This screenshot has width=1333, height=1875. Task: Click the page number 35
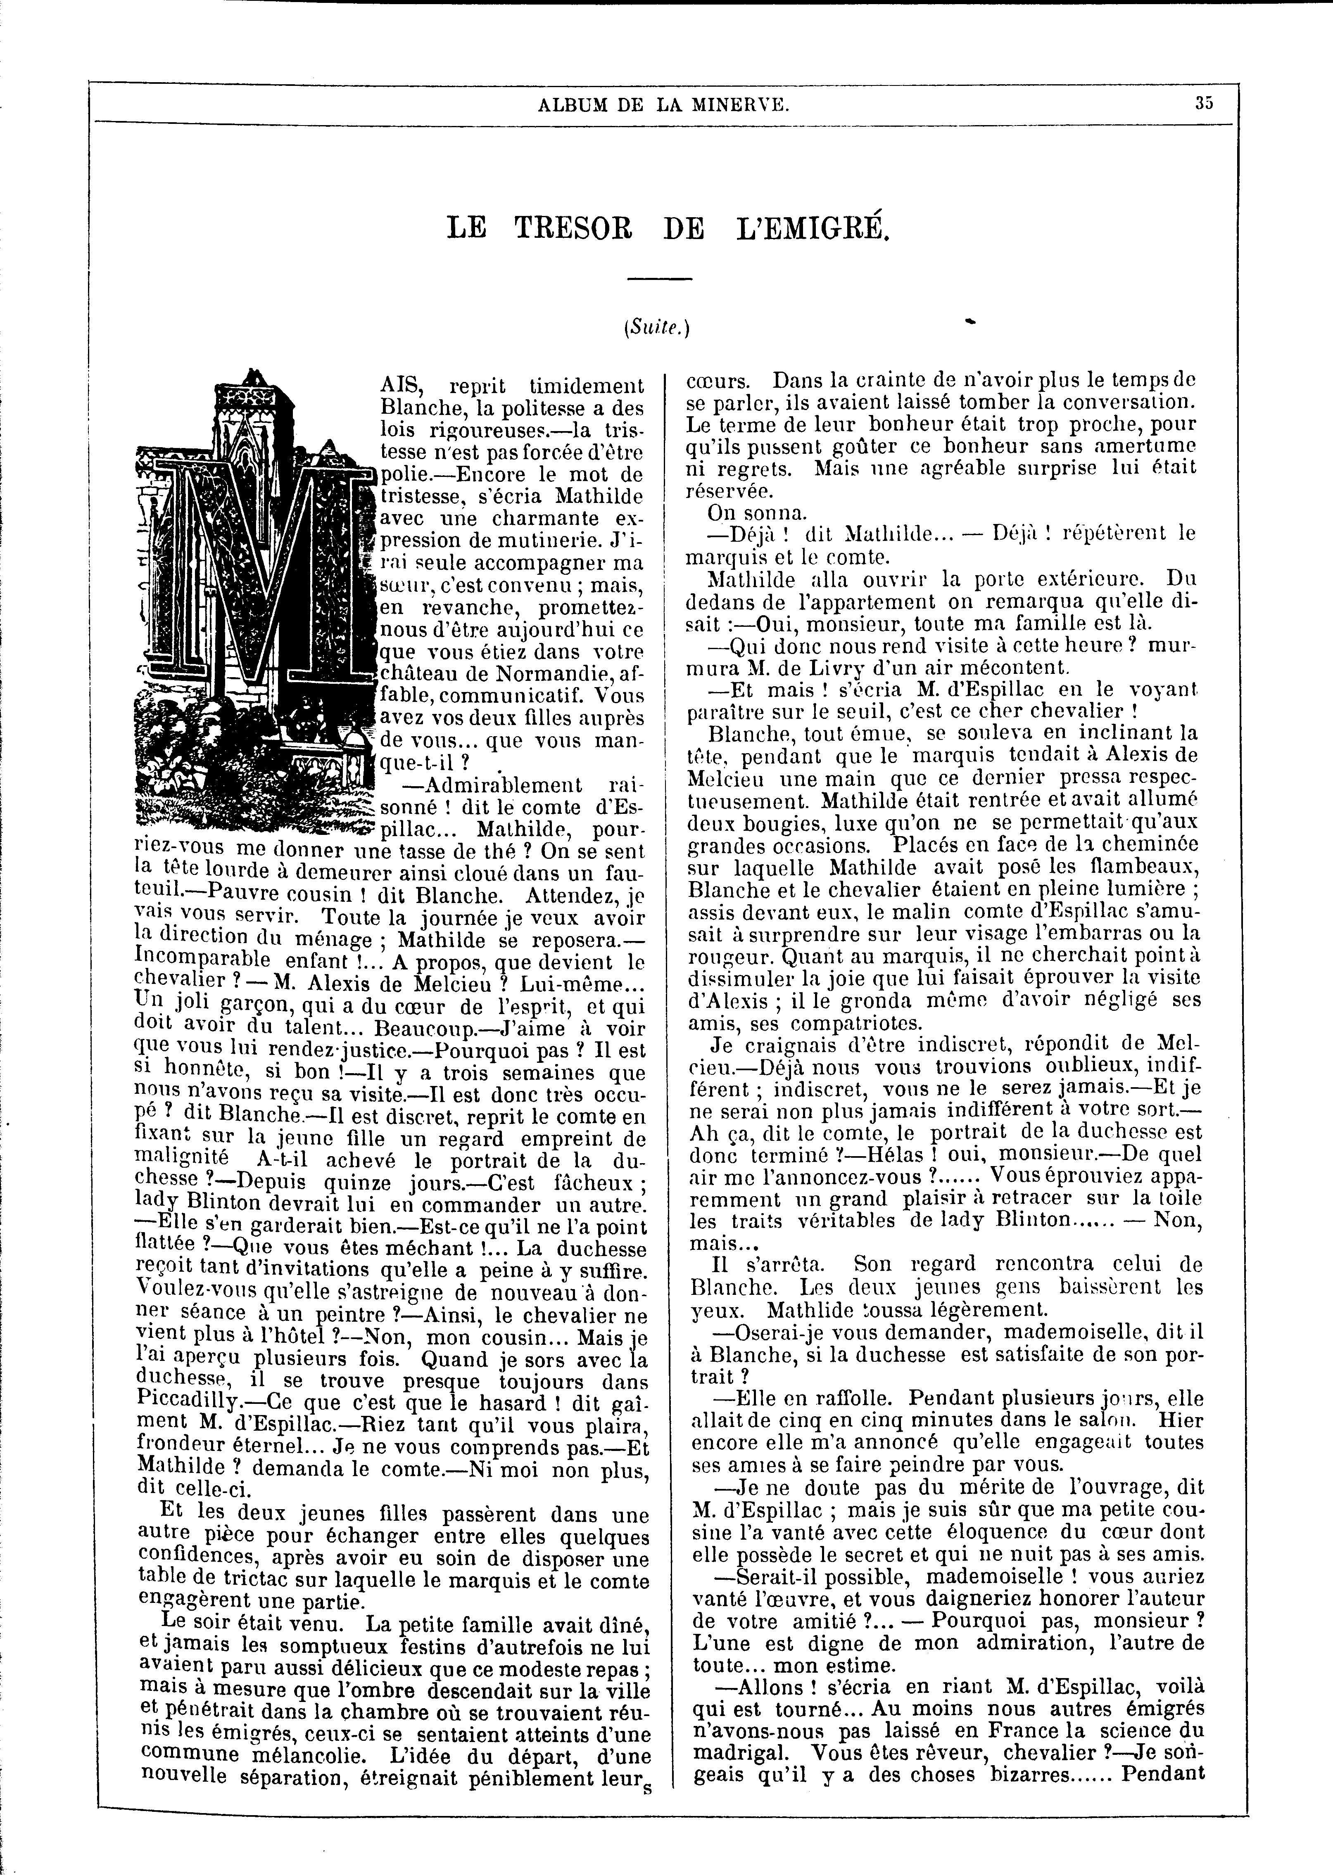[1204, 104]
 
